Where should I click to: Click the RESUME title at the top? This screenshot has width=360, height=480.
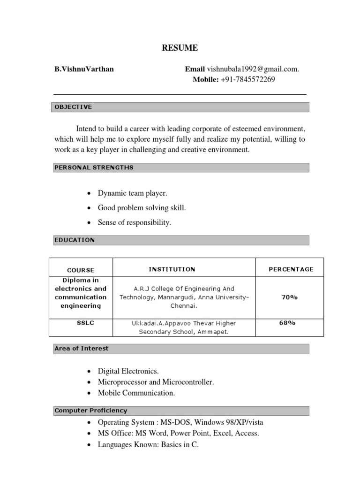click(x=180, y=47)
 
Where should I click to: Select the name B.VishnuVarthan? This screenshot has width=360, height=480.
click(x=84, y=69)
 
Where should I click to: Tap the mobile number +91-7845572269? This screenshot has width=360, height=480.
click(x=247, y=79)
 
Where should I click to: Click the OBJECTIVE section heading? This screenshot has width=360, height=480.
click(x=74, y=107)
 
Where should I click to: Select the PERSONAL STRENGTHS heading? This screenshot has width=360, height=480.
click(x=94, y=168)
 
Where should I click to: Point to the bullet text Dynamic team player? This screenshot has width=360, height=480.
click(x=132, y=193)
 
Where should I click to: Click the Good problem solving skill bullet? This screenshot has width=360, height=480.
click(x=138, y=207)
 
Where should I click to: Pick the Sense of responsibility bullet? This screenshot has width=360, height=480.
click(x=134, y=222)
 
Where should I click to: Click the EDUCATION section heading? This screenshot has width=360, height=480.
click(x=75, y=240)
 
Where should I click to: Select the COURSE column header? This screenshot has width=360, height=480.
click(x=81, y=270)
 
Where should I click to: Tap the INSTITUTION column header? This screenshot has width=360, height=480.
click(x=172, y=269)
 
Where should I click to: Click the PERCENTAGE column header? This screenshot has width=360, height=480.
click(x=291, y=269)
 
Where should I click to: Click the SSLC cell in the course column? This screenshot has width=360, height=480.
click(x=81, y=323)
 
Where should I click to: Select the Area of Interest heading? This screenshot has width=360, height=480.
click(x=82, y=349)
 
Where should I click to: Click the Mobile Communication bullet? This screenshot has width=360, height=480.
click(x=136, y=393)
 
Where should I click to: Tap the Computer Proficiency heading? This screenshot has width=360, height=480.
click(x=90, y=411)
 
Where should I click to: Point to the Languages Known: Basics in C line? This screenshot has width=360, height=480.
click(x=148, y=445)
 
